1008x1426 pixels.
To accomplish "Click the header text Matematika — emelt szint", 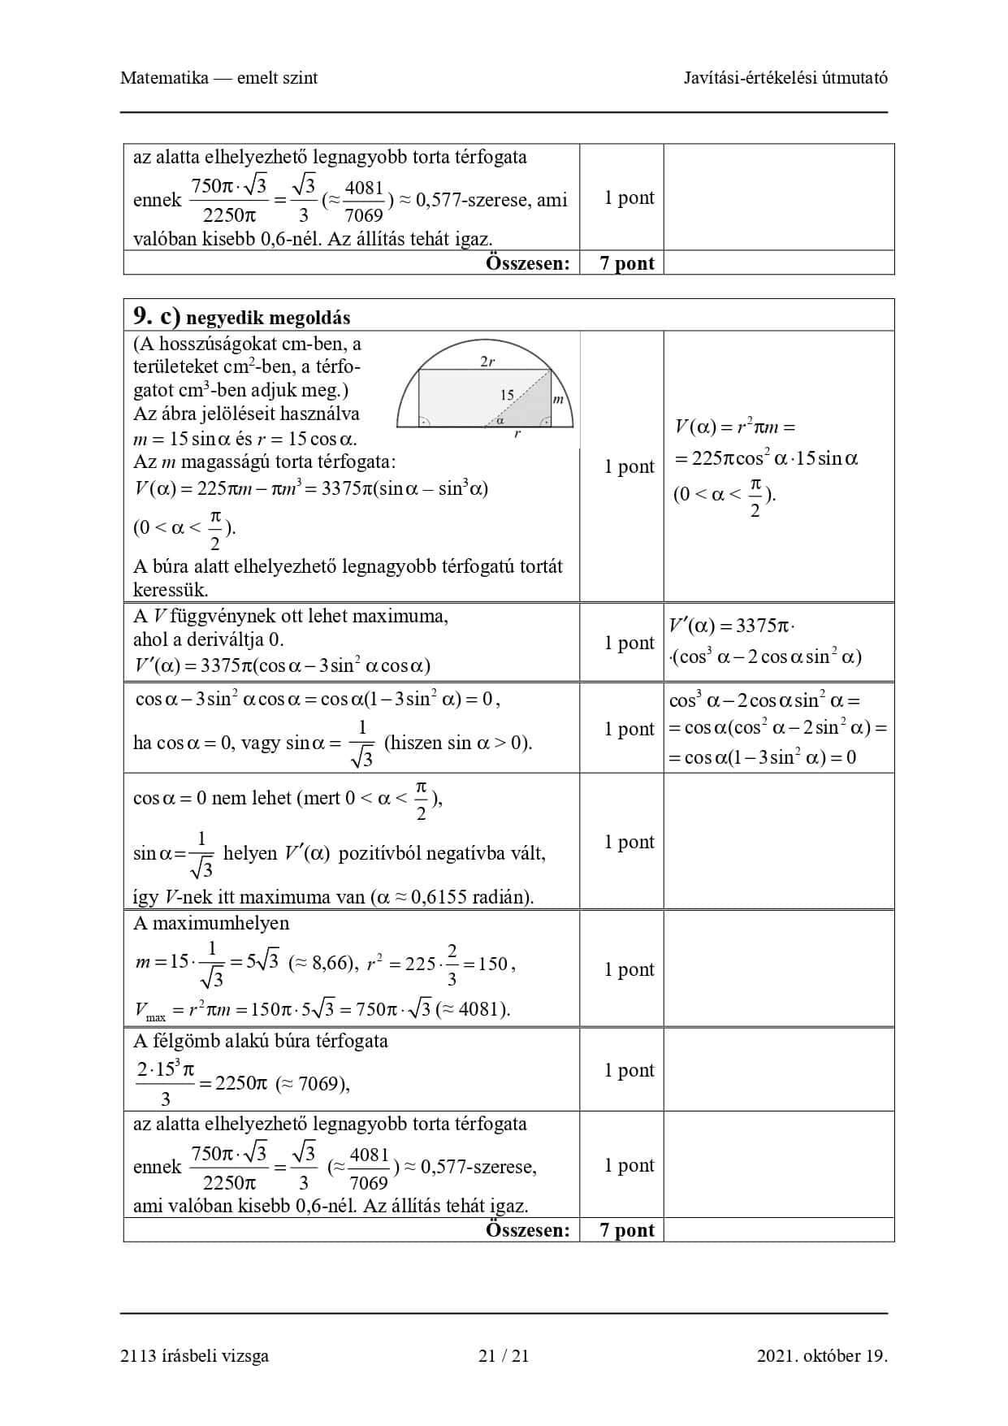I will coord(218,78).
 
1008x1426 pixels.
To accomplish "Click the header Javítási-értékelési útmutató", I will coord(785,78).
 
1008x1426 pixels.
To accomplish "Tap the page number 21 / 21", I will coord(504,1355).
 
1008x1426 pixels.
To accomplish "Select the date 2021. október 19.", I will coord(822,1355).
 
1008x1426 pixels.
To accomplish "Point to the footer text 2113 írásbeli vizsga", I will coord(194,1355).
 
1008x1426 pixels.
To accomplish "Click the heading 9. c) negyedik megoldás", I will coord(241,316).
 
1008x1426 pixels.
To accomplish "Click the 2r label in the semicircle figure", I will coord(487,362).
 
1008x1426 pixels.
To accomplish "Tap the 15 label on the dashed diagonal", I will coord(507,395).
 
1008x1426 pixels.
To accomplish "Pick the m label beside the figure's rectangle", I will coord(558,399).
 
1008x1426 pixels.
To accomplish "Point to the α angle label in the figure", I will coord(500,420).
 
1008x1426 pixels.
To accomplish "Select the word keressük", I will coord(171,590).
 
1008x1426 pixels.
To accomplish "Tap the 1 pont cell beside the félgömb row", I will coord(629,1070).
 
